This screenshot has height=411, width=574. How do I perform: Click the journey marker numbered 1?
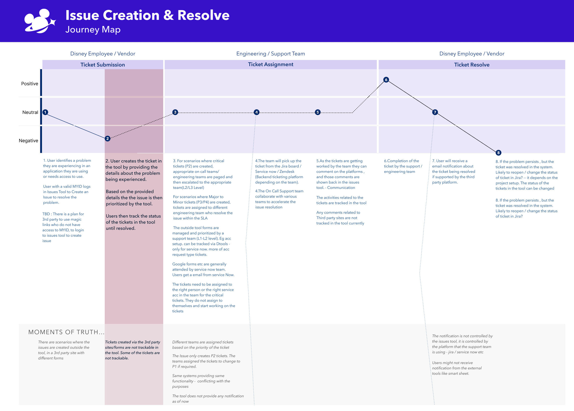45,112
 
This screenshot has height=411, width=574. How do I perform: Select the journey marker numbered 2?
107,139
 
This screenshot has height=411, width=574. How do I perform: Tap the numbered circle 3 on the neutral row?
175,112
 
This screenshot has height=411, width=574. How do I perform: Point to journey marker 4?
256,112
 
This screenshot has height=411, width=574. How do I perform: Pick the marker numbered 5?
318,112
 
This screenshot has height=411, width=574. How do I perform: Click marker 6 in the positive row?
386,80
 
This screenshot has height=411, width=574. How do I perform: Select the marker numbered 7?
435,112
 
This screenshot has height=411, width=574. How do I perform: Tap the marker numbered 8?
498,153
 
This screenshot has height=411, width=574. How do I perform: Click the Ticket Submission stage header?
103,65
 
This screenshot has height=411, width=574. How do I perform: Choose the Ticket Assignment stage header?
270,64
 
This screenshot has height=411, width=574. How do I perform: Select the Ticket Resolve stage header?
472,65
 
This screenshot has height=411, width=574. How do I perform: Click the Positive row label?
30,84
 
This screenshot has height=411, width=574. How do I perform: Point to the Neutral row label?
30,112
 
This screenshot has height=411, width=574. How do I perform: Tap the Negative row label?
28,140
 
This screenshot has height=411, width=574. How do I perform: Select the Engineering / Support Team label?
270,54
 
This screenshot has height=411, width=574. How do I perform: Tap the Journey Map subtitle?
93,30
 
